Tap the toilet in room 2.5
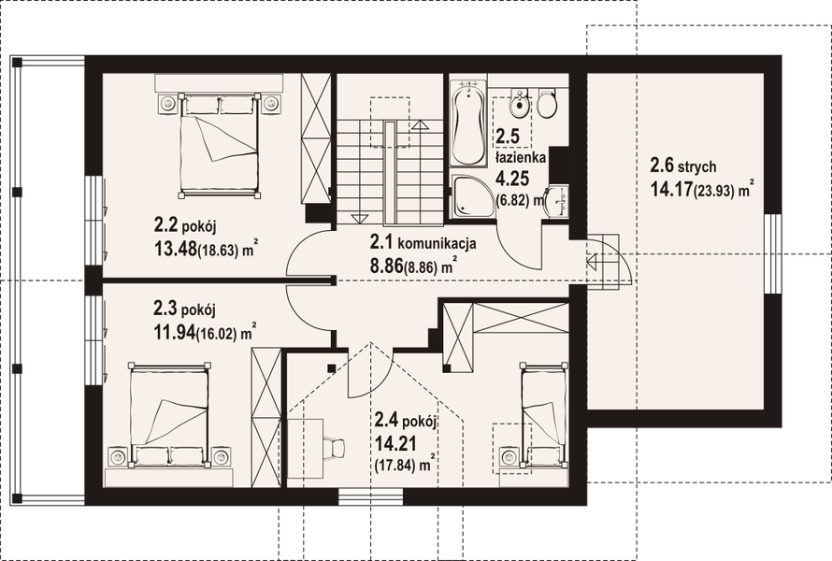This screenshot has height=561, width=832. [x=546, y=104]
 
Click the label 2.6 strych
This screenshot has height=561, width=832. [x=683, y=167]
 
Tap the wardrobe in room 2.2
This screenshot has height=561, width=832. [x=317, y=138]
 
